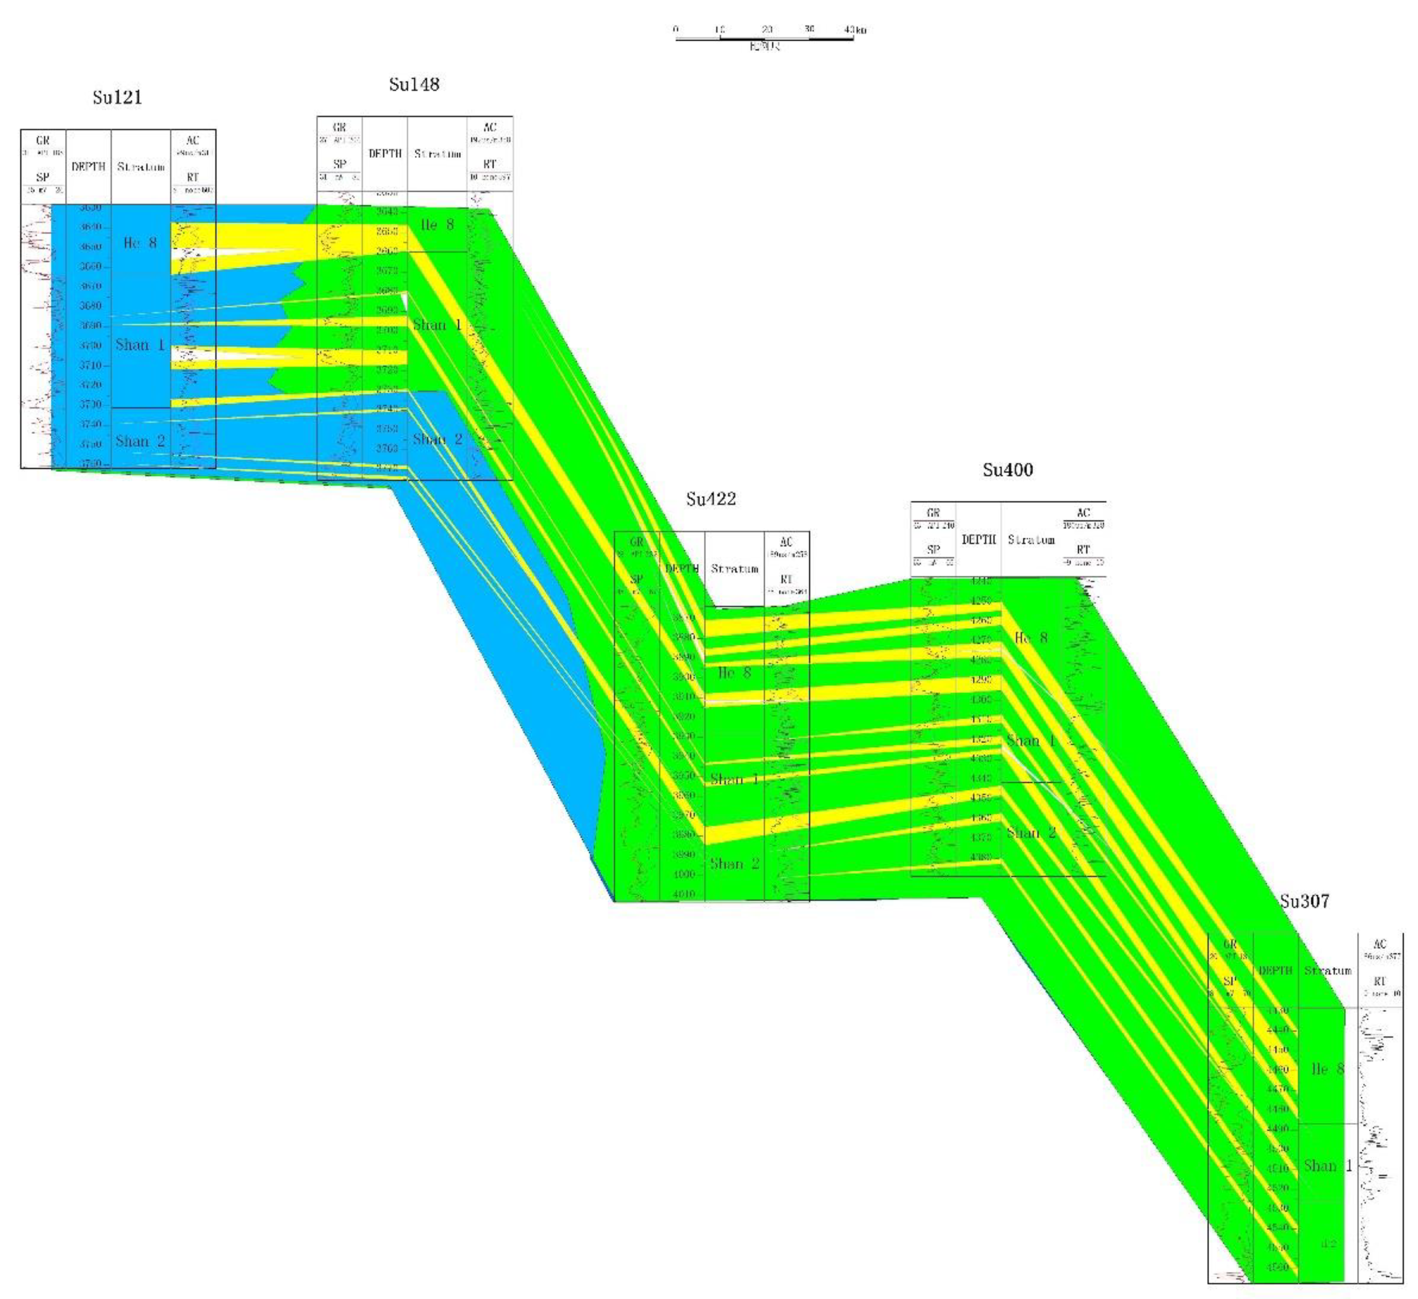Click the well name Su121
tap(117, 97)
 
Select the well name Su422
tap(711, 499)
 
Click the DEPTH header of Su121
tap(88, 167)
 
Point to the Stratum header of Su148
tap(437, 153)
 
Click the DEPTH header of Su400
tap(978, 539)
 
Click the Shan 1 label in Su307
tap(1327, 1166)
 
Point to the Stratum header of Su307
tap(1327, 971)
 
